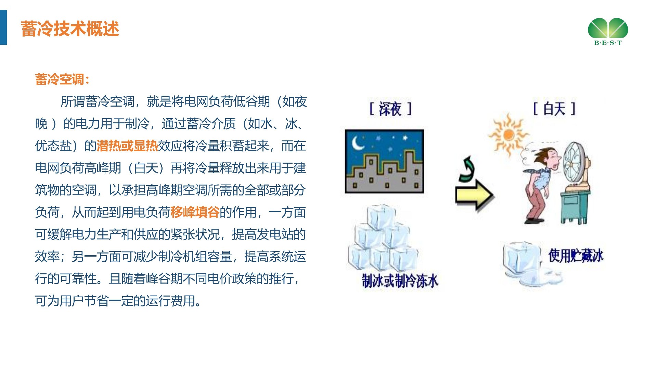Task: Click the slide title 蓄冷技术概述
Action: (x=70, y=29)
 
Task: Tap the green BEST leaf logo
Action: (x=608, y=31)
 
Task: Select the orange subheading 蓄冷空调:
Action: (x=62, y=79)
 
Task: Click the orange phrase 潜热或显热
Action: (x=127, y=146)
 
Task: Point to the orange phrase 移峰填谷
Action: (x=195, y=213)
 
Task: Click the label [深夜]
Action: (x=390, y=109)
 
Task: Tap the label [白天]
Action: (x=554, y=109)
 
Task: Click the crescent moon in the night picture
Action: (x=358, y=143)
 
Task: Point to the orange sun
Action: (x=508, y=135)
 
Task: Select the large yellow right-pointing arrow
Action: (x=474, y=195)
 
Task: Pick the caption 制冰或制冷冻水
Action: (x=400, y=281)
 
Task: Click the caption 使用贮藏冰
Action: (x=576, y=256)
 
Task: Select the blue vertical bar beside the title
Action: (x=3, y=27)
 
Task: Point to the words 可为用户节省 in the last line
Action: (x=72, y=301)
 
